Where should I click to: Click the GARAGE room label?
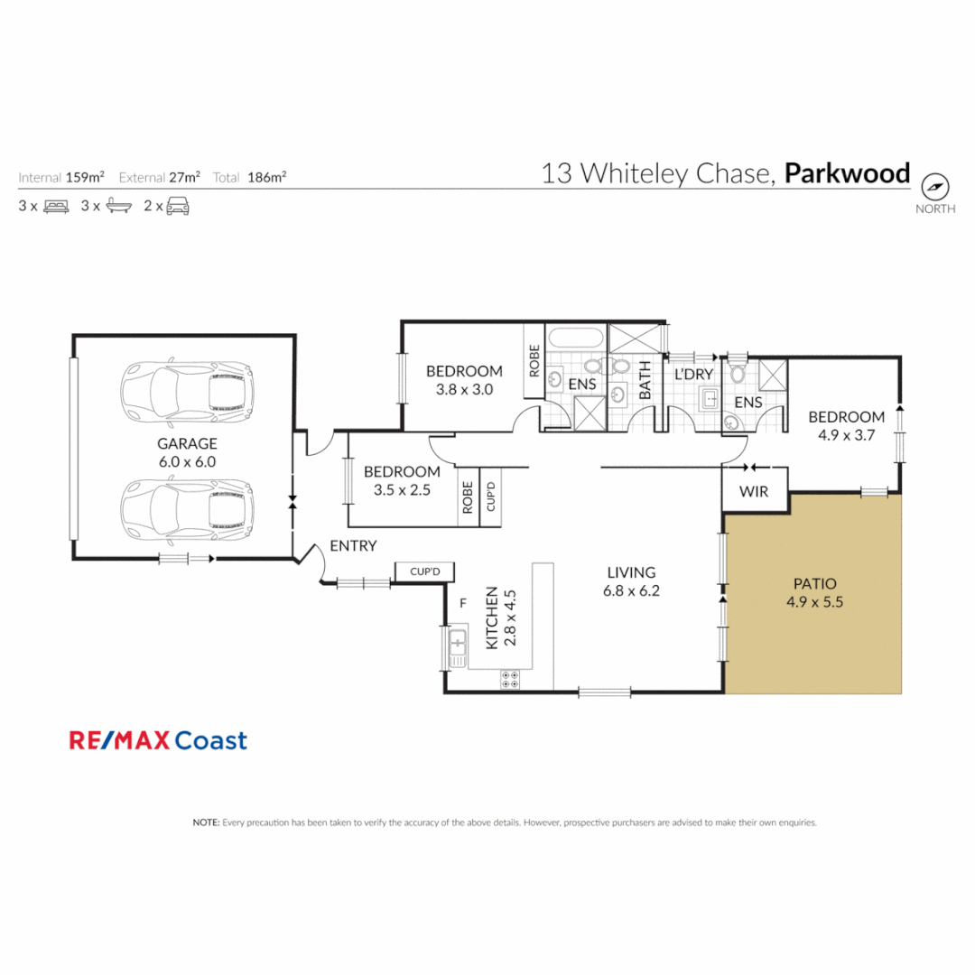(188, 443)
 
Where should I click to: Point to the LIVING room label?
(630, 572)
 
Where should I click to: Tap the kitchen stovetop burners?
(509, 679)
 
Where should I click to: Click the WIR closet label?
(754, 492)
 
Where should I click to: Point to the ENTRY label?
(353, 546)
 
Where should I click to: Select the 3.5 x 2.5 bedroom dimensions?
(402, 490)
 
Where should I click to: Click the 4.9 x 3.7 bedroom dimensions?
(846, 434)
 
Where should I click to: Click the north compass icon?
(935, 187)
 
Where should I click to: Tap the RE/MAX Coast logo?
(158, 741)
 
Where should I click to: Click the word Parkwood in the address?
(847, 173)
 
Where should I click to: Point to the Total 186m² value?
(269, 178)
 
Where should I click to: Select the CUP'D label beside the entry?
(423, 571)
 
